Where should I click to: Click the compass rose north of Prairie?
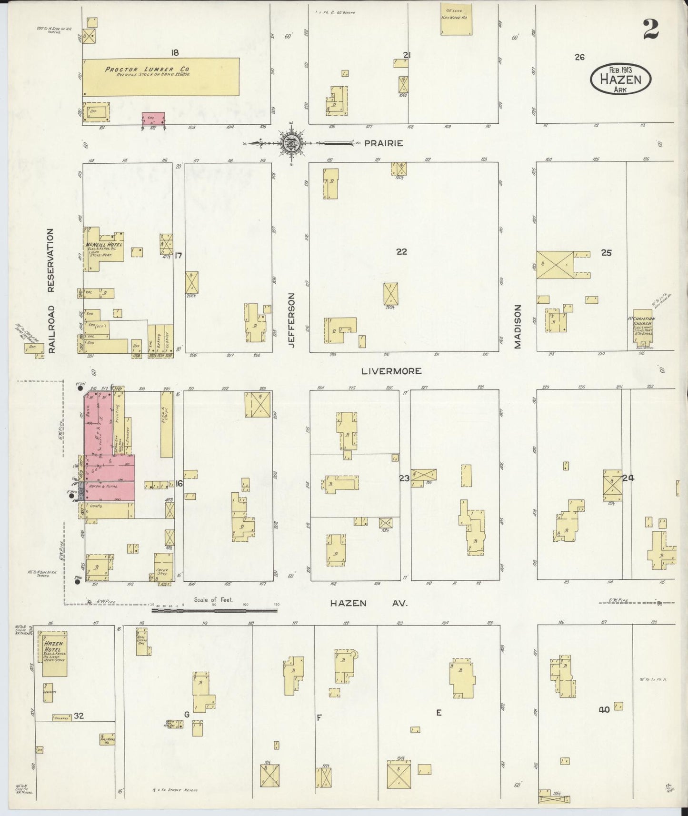coord(290,142)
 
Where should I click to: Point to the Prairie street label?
coord(384,143)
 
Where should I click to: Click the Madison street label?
coord(518,327)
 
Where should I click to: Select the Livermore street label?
coord(391,371)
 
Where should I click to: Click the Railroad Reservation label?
coord(51,290)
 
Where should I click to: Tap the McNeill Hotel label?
coord(104,245)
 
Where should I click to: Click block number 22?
coord(401,251)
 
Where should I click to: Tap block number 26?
coord(579,57)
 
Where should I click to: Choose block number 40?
coord(604,709)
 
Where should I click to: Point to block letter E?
coord(439,713)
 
